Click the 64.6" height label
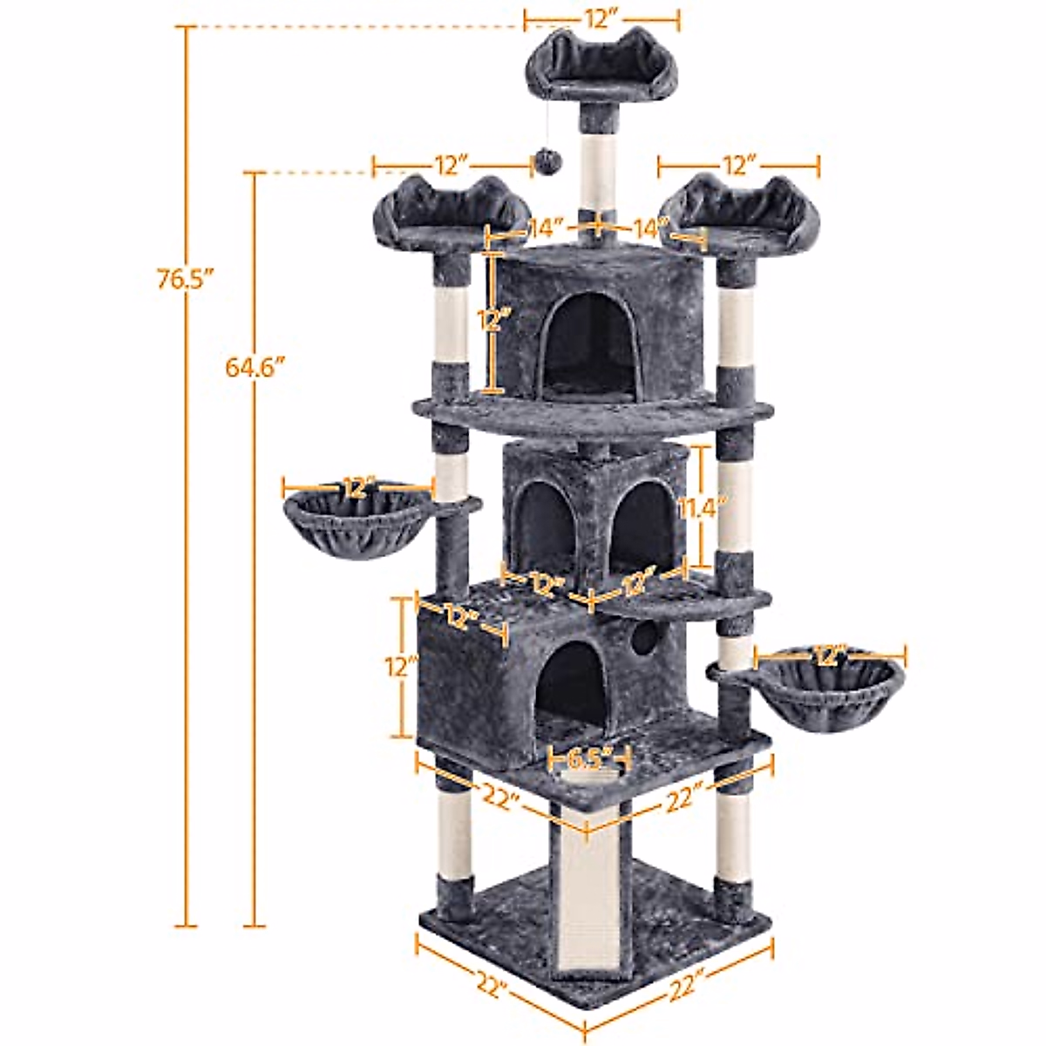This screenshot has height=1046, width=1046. (255, 367)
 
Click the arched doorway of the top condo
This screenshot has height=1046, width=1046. (592, 344)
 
